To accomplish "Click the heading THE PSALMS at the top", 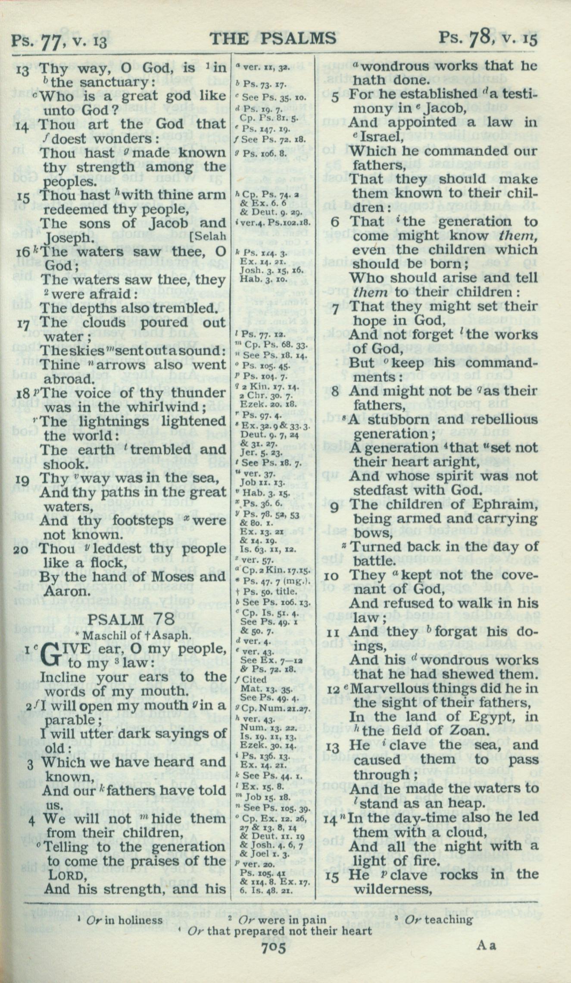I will [x=273, y=38].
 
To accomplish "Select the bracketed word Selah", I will [x=210, y=237].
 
